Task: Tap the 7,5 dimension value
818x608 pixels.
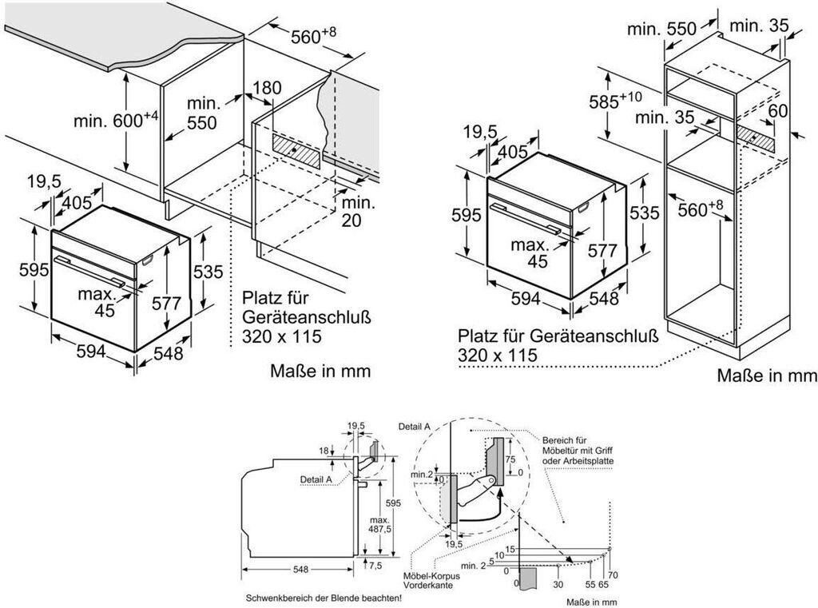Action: tap(375, 565)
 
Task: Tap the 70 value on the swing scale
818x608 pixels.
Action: tap(613, 574)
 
